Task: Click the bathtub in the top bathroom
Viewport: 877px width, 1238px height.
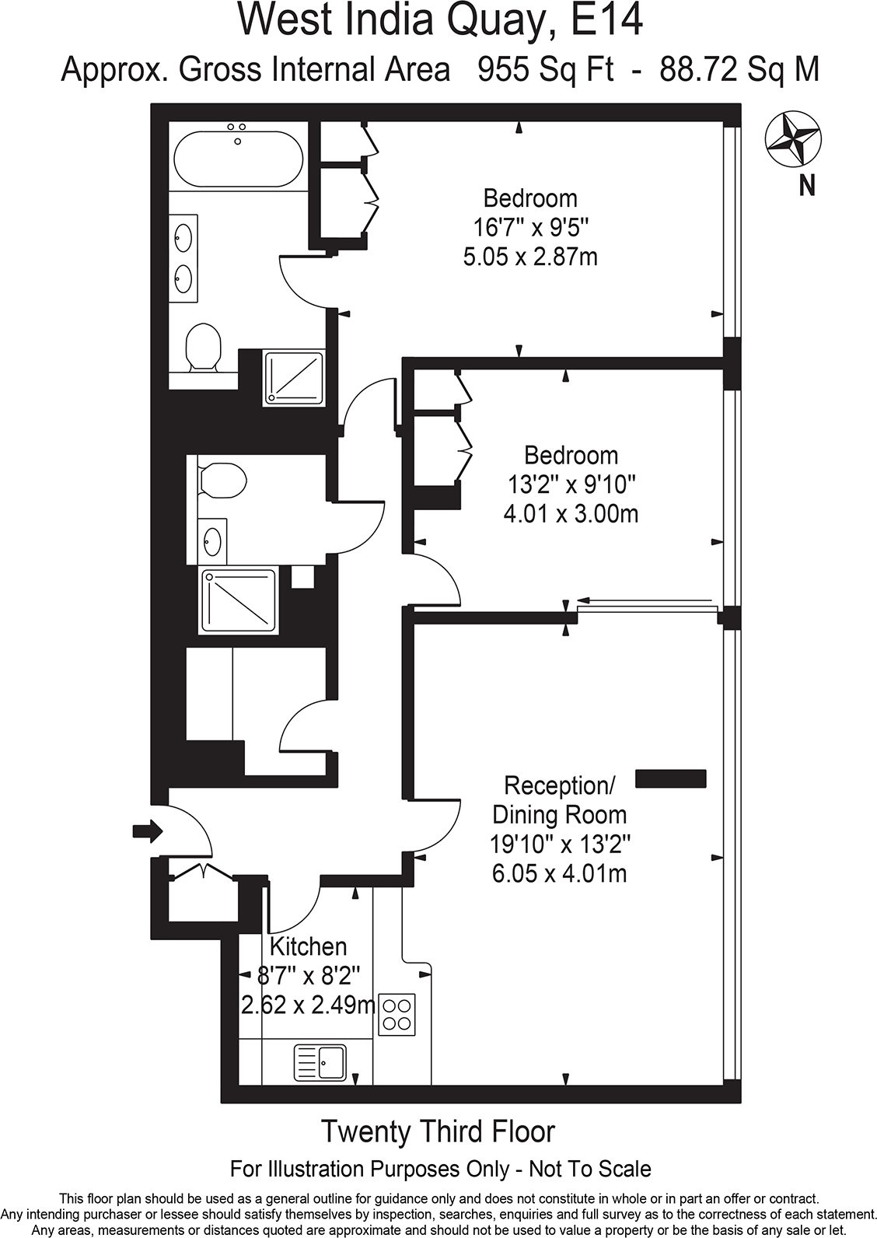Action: [238, 159]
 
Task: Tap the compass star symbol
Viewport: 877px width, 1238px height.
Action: [792, 139]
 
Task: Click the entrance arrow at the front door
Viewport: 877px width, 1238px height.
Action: [147, 831]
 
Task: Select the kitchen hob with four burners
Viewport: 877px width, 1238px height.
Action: [397, 1014]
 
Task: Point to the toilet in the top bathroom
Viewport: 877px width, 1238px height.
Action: [204, 346]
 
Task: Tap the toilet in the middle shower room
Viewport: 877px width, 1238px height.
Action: [222, 480]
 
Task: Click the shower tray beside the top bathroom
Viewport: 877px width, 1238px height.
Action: [294, 377]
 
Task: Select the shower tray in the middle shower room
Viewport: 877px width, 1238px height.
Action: [239, 601]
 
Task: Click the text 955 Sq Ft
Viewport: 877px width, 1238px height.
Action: [545, 70]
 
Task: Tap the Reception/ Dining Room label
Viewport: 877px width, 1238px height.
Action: [559, 800]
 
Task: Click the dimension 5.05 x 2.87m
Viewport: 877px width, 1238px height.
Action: [530, 257]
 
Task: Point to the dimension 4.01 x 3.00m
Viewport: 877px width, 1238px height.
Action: [571, 514]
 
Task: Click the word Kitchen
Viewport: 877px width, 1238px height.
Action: [308, 946]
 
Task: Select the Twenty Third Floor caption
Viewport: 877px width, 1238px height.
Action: [438, 1131]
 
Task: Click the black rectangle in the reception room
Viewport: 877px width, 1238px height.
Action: [671, 779]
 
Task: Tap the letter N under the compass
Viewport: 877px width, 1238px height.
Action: [807, 186]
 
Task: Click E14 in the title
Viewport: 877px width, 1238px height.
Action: [607, 21]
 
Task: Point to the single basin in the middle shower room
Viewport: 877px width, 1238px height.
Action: [211, 540]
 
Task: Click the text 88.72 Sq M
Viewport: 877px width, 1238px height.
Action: [739, 70]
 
